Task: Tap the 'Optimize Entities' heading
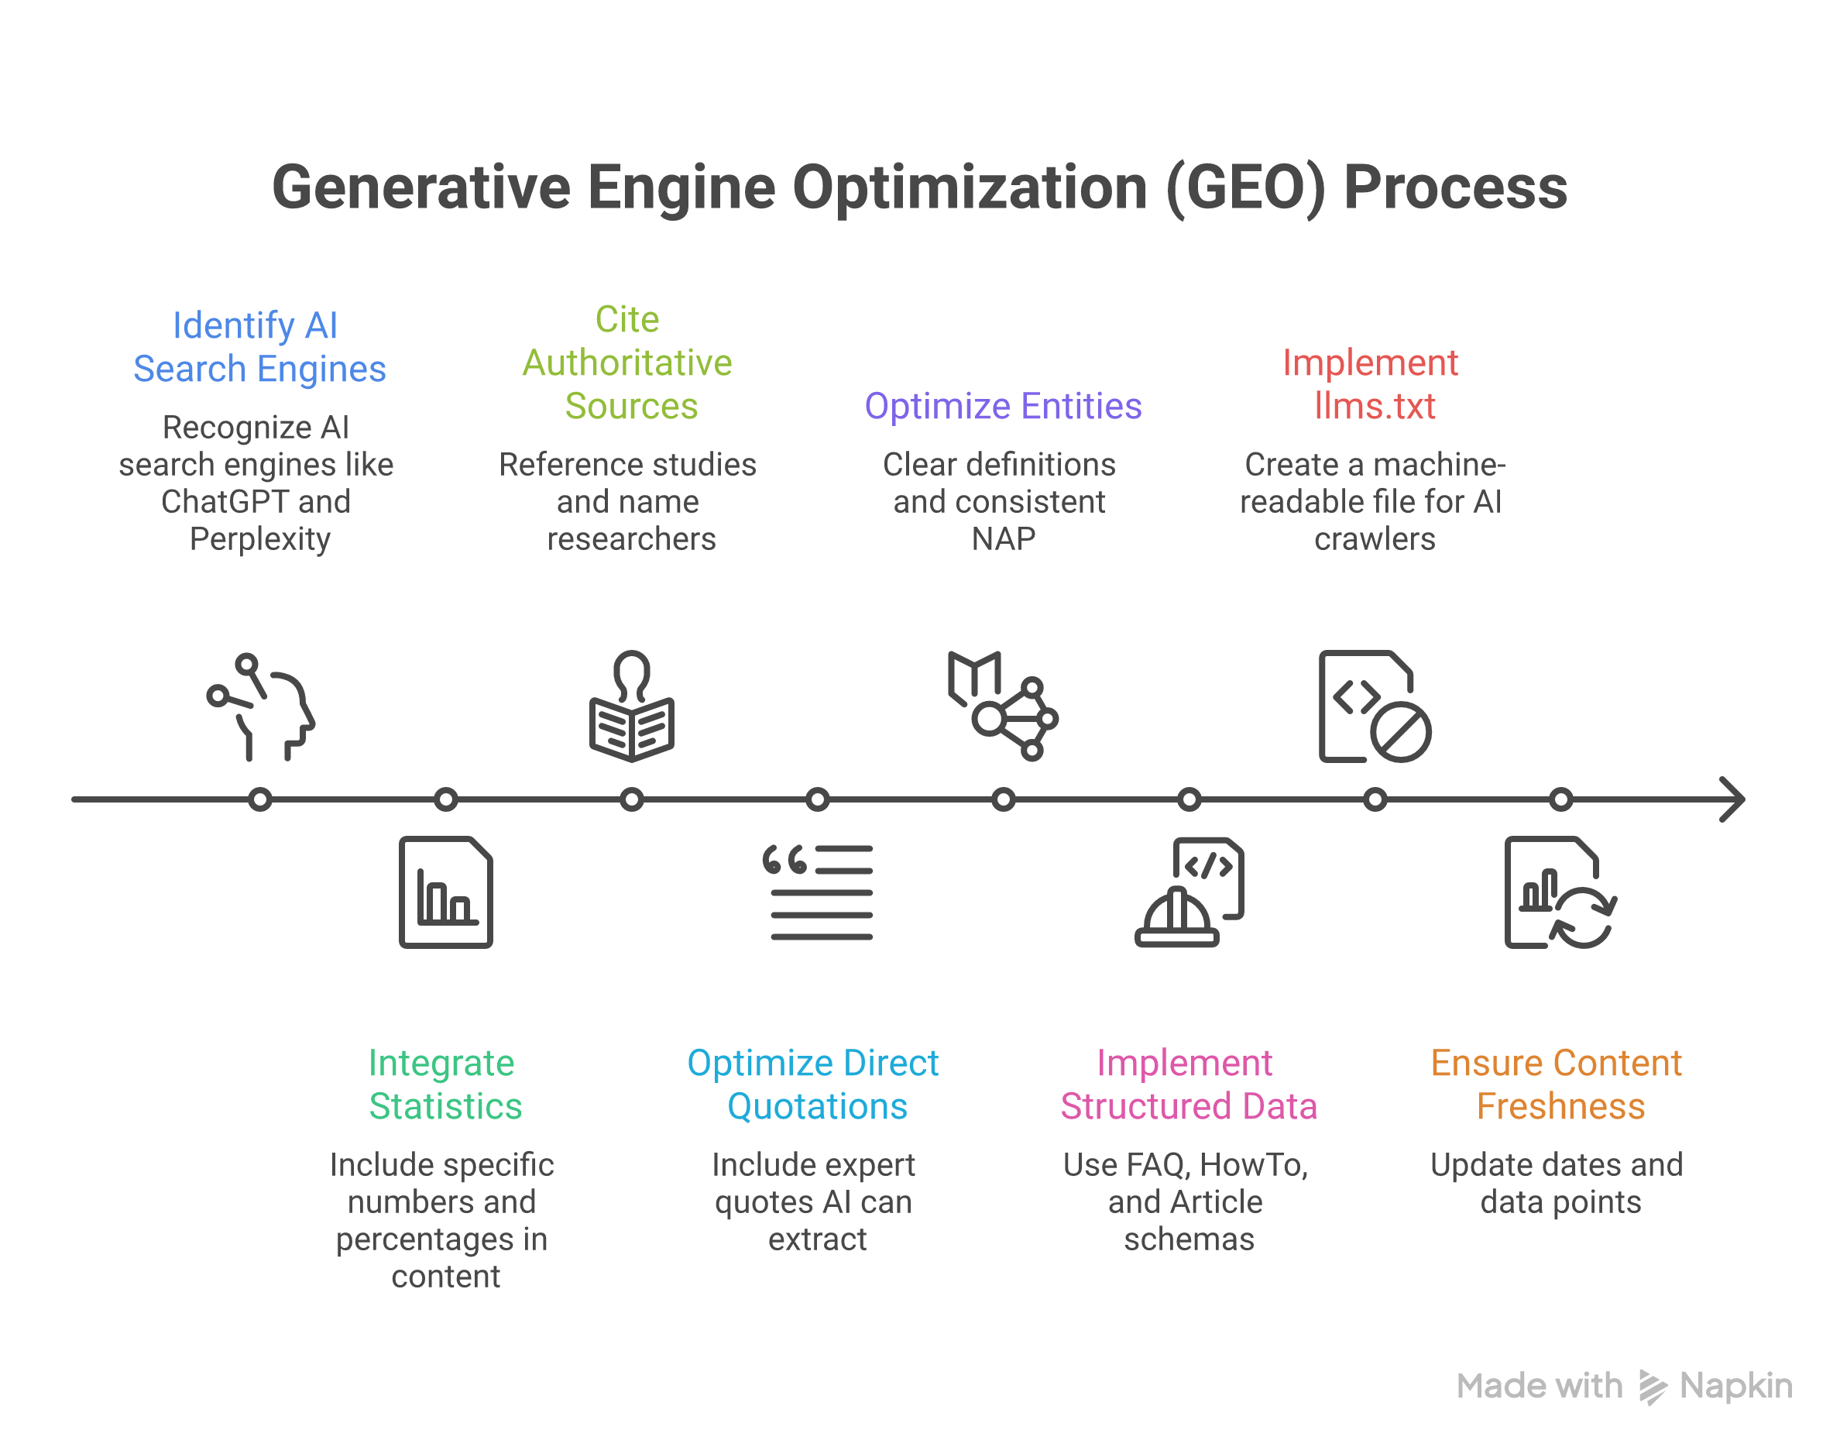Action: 1003,406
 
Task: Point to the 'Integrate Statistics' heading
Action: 445,1084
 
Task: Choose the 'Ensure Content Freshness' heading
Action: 1558,1084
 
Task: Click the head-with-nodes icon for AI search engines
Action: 262,707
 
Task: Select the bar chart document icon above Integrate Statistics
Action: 446,892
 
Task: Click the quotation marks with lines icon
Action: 818,892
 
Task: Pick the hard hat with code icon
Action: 1189,892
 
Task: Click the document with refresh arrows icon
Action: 1560,892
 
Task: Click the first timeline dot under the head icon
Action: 260,799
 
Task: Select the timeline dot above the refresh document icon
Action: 1560,799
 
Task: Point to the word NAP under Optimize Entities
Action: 1003,540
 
